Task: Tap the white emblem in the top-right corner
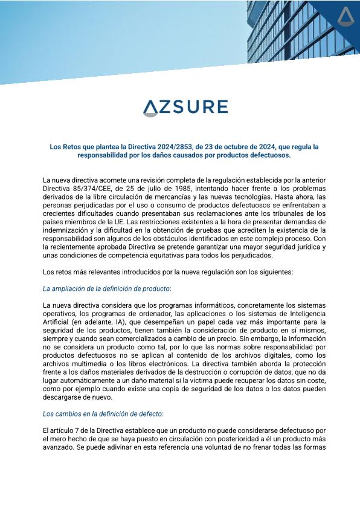[346, 16]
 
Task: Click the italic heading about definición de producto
[99, 288]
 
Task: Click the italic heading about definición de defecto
[103, 414]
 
